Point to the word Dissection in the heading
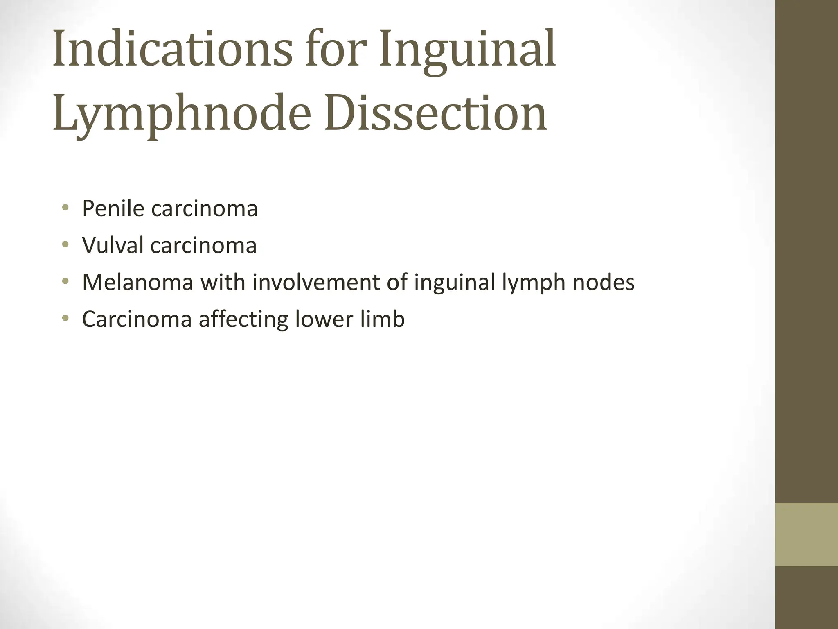(436, 113)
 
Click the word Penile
(113, 208)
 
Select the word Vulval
(113, 245)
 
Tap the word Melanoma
(137, 282)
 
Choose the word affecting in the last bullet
(243, 319)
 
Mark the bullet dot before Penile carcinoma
(65, 209)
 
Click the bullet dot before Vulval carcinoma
(65, 246)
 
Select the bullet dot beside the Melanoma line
(65, 283)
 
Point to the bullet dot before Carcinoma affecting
(65, 319)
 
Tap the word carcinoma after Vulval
(203, 245)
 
